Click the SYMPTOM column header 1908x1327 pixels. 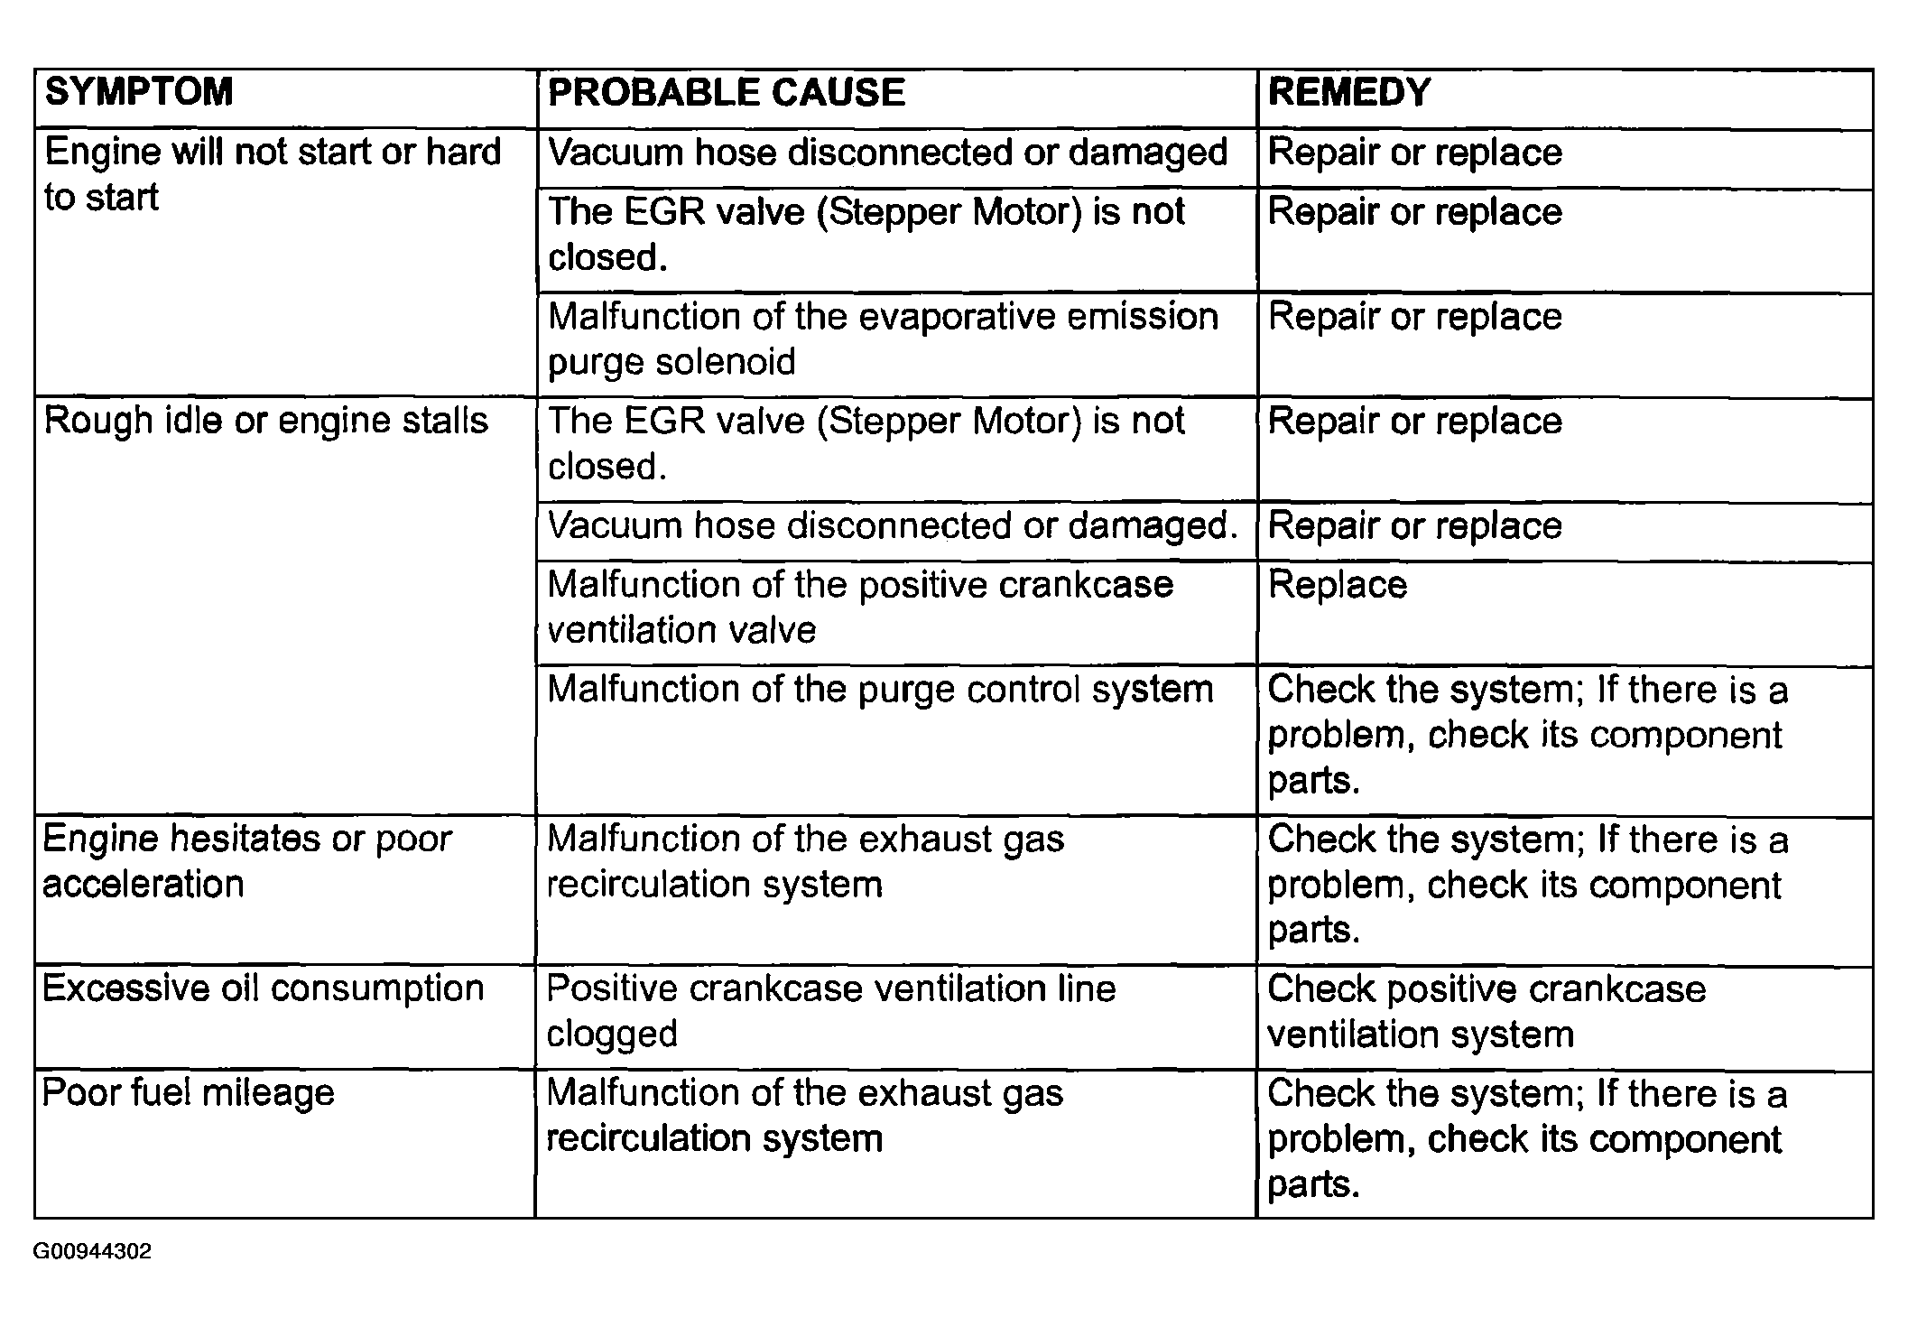[139, 93]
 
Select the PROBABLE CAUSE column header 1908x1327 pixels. [726, 93]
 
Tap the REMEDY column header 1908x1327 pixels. [1348, 93]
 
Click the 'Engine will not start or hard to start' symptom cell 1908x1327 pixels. [272, 174]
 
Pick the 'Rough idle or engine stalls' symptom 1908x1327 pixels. [265, 421]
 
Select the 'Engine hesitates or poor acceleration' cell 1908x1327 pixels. [246, 861]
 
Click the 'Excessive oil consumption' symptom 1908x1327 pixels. [263, 988]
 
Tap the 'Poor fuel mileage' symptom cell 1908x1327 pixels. [189, 1093]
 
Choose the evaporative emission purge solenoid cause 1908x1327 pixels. [883, 339]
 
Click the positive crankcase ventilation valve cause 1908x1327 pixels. [859, 607]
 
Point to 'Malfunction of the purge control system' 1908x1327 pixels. [879, 690]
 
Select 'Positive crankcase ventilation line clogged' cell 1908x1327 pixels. [830, 1011]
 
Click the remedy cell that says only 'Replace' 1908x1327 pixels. [1337, 585]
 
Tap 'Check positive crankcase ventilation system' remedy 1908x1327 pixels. [1486, 1011]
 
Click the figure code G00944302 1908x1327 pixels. [92, 1252]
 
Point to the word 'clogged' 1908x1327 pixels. [612, 1035]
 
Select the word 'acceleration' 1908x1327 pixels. [144, 885]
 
